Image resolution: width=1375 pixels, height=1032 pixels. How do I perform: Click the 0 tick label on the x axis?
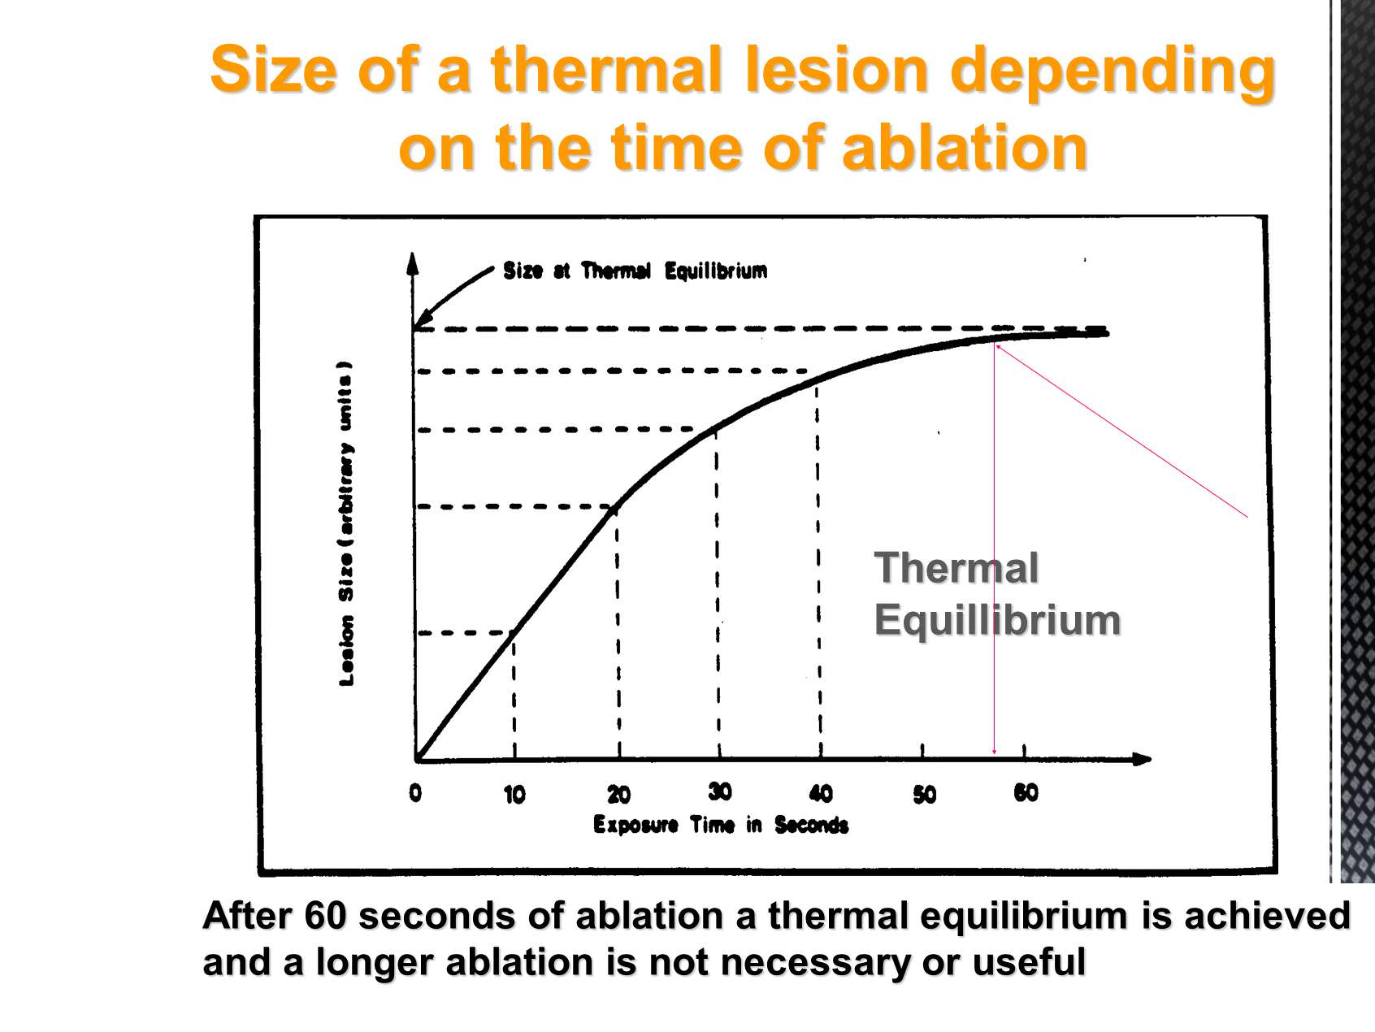pyautogui.click(x=415, y=792)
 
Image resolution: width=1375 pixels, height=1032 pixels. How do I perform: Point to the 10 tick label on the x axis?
pyautogui.click(x=514, y=794)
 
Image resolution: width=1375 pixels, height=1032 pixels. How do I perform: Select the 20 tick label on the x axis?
pyautogui.click(x=618, y=794)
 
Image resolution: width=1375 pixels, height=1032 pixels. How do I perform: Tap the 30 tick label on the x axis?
pyautogui.click(x=720, y=791)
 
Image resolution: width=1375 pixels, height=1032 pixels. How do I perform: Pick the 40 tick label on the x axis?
pyautogui.click(x=821, y=793)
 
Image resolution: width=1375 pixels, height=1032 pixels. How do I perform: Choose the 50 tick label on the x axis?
pyautogui.click(x=924, y=794)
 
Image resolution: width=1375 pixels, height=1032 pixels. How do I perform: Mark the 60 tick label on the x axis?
pyautogui.click(x=1026, y=792)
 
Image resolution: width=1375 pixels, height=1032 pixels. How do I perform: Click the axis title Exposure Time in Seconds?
pyautogui.click(x=721, y=825)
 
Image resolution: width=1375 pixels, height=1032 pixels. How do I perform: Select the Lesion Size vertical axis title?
pyautogui.click(x=346, y=524)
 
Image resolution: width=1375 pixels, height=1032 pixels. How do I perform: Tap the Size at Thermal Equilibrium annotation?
pyautogui.click(x=635, y=271)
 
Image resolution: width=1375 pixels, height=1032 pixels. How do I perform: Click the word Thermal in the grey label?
pyautogui.click(x=956, y=567)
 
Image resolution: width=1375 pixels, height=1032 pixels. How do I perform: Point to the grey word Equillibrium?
pyautogui.click(x=998, y=620)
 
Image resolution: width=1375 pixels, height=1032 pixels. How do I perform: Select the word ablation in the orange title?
pyautogui.click(x=965, y=148)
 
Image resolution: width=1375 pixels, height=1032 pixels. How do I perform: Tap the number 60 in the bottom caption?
pyautogui.click(x=325, y=916)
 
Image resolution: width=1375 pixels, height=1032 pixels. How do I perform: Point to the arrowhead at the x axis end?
pyautogui.click(x=1142, y=759)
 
